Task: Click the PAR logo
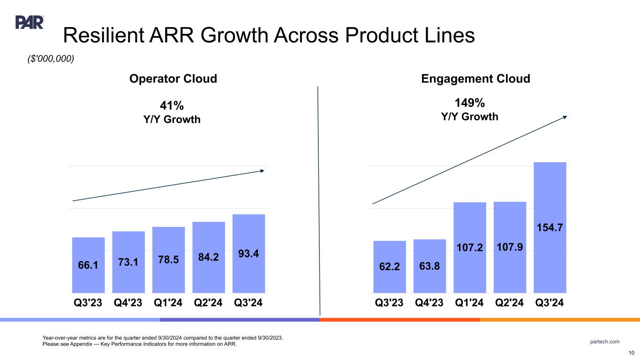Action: [x=30, y=22]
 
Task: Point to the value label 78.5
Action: [x=168, y=260]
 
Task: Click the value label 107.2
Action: [x=469, y=247]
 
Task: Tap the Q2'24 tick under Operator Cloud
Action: [x=209, y=303]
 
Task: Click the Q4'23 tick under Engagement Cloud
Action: [x=429, y=303]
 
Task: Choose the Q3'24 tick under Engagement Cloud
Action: [x=550, y=303]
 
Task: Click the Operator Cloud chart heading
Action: [x=173, y=79]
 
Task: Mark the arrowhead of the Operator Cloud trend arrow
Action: [x=263, y=171]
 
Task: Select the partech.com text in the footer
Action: [x=605, y=341]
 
